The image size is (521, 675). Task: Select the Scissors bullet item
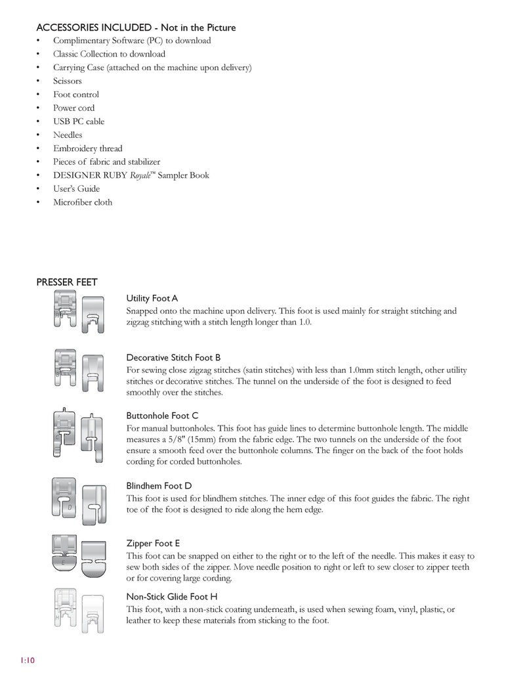coord(68,81)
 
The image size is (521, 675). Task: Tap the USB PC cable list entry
coord(79,121)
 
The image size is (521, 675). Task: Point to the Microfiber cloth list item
coord(83,202)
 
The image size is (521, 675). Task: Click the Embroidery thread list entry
coord(87,148)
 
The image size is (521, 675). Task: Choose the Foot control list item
coord(76,95)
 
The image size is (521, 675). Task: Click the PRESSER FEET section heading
coord(67,282)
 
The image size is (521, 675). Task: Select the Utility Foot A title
coord(152,299)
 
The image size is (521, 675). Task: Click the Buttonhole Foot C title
coord(162,416)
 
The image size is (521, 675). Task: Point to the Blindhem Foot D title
coord(159,486)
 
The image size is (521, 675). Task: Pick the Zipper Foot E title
coord(153,543)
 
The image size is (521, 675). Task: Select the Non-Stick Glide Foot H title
coord(172,596)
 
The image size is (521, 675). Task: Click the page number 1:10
coord(27,660)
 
